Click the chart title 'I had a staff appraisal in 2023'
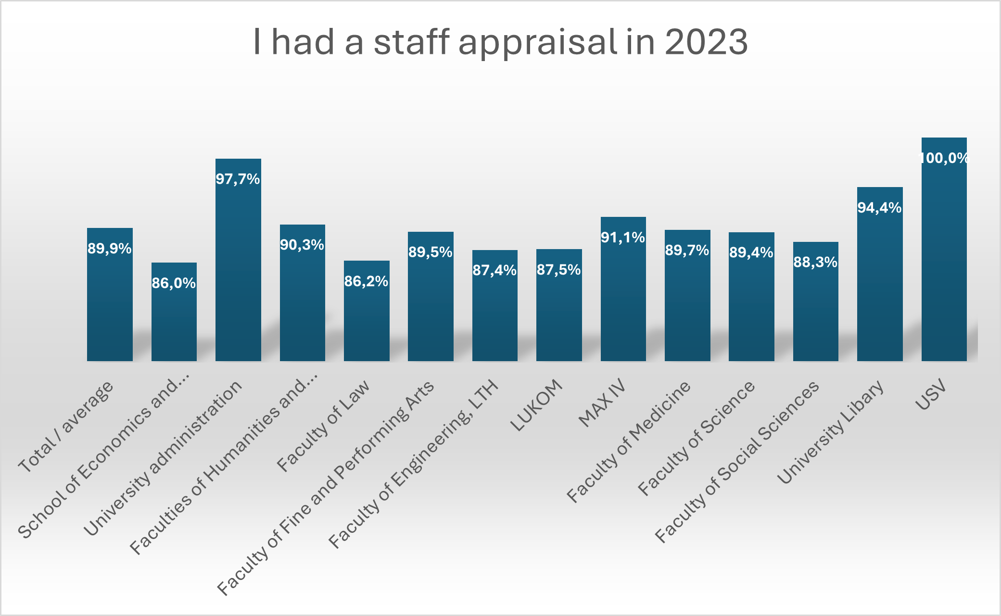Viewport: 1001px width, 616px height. point(500,42)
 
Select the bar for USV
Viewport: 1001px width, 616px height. point(944,260)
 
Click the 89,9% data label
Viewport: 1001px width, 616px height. point(110,249)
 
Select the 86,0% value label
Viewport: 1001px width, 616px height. point(174,283)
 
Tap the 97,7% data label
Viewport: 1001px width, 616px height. point(238,179)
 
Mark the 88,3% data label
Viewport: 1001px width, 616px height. point(815,263)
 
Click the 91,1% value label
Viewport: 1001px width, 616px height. point(623,238)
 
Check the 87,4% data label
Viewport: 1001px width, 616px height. point(494,271)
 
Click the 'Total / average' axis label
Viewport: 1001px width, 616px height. point(66,426)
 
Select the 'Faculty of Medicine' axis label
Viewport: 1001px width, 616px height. point(629,441)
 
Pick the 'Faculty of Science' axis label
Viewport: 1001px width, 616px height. point(696,438)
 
